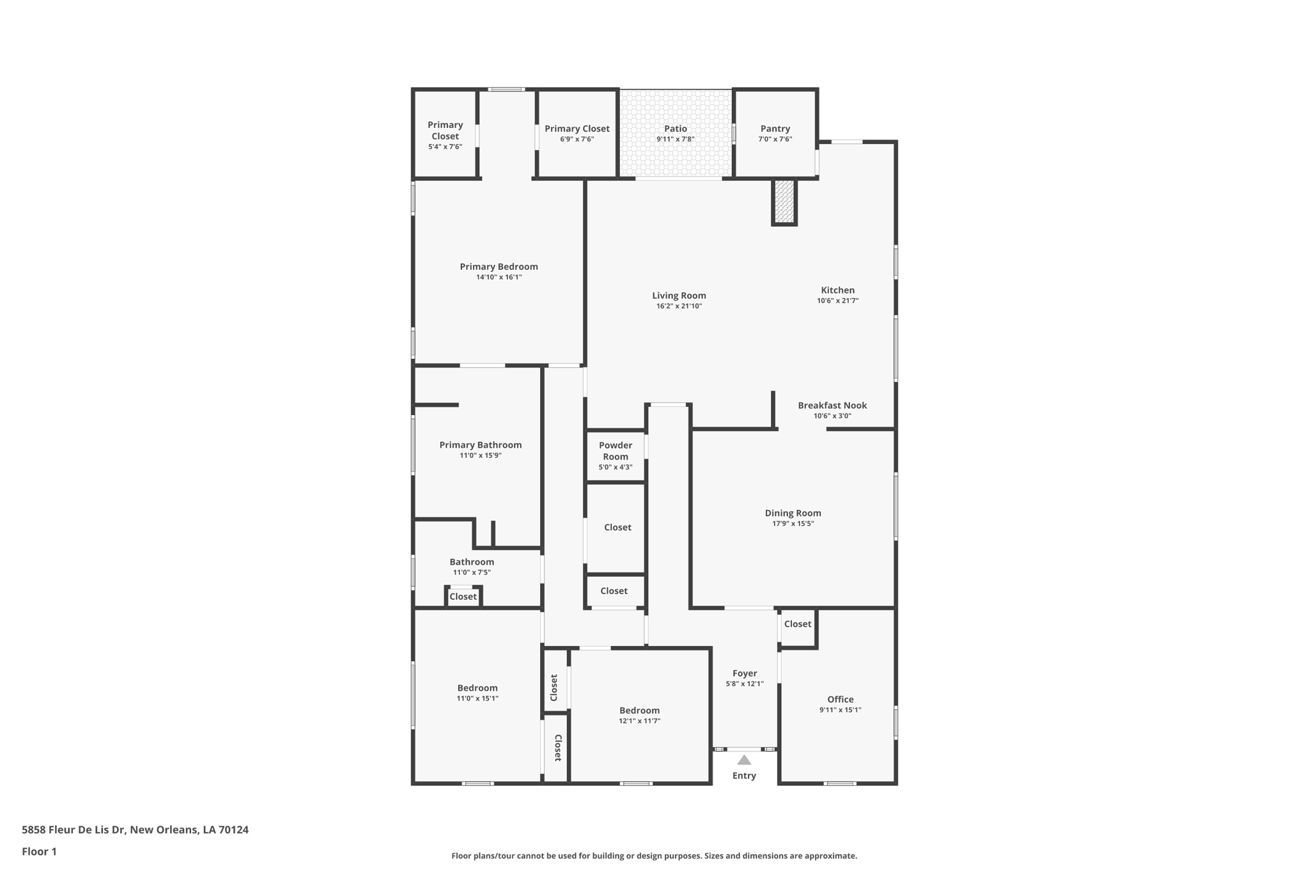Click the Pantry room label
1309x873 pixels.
(775, 129)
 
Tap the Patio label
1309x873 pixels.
(675, 129)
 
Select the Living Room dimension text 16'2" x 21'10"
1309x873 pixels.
(679, 306)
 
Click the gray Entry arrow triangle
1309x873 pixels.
(744, 760)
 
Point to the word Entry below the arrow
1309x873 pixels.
(744, 776)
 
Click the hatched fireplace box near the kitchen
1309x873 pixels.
(784, 201)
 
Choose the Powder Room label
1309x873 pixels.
(616, 451)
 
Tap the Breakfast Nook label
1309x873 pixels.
(832, 405)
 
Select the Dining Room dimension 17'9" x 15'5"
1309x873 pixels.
(793, 524)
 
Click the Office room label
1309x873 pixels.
(840, 700)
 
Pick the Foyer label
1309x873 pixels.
(745, 673)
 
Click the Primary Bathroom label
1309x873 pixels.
(480, 445)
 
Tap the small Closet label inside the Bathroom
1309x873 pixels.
(463, 597)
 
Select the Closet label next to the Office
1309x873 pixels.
(798, 624)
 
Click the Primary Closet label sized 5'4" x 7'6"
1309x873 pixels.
(445, 131)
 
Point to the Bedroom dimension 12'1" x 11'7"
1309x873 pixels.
(639, 721)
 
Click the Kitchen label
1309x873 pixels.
(837, 290)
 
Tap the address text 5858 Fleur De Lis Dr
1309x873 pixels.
(135, 830)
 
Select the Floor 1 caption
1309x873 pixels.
(39, 852)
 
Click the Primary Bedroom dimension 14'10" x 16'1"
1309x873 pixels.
(499, 278)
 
